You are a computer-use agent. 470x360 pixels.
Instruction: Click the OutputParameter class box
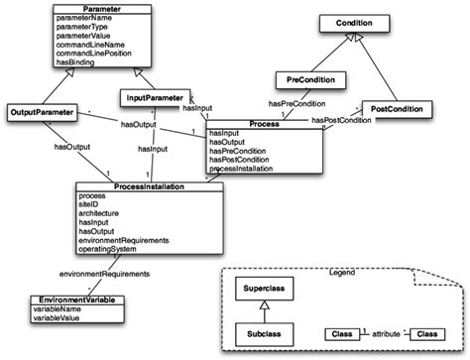[46, 110]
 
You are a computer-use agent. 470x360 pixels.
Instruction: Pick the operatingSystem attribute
[110, 250]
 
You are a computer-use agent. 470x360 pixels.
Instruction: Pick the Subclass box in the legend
[267, 335]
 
